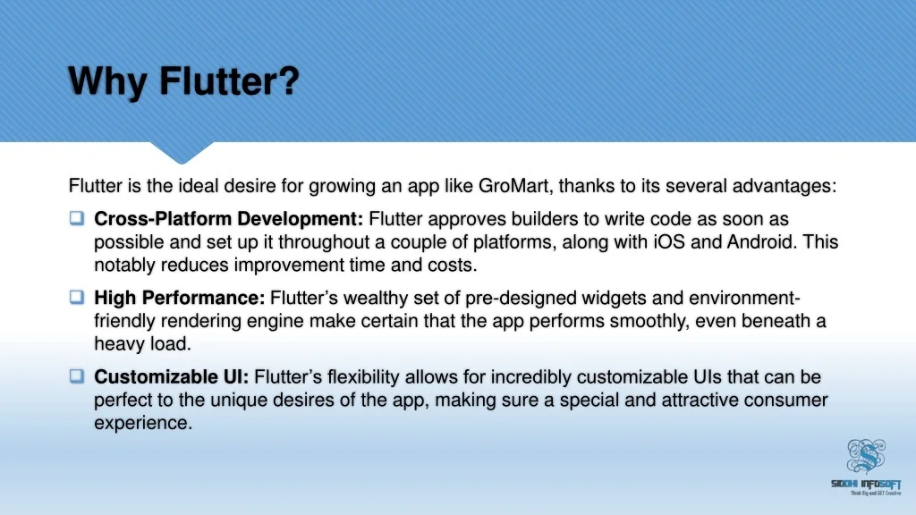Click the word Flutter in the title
pyautogui.click(x=229, y=80)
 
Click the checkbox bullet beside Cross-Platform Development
pyautogui.click(x=77, y=218)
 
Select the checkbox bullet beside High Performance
pyautogui.click(x=77, y=297)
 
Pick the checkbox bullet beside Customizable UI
pyautogui.click(x=77, y=376)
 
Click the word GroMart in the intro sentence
pyautogui.click(x=514, y=186)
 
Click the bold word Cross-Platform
pyautogui.click(x=163, y=219)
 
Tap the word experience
pyautogui.click(x=143, y=423)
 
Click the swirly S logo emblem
pyautogui.click(x=866, y=456)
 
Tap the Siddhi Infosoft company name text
pyautogui.click(x=866, y=484)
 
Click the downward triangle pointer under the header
pyautogui.click(x=182, y=152)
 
